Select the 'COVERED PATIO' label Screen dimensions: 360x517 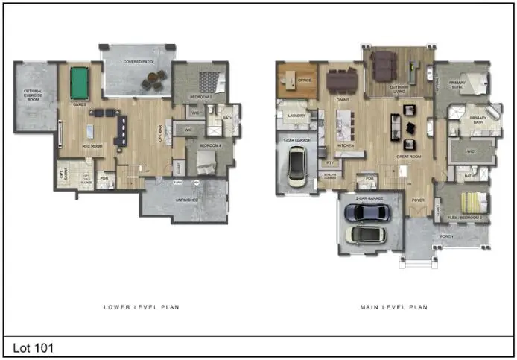139,62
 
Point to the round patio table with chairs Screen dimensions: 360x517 155,80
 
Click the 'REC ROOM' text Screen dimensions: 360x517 92,146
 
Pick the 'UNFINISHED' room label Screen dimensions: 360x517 186,199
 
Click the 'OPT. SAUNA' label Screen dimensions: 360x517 63,176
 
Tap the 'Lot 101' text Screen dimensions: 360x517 34,347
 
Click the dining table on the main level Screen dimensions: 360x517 341,78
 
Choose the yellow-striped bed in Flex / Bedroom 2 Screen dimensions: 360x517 473,202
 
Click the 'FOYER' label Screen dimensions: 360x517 418,200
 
